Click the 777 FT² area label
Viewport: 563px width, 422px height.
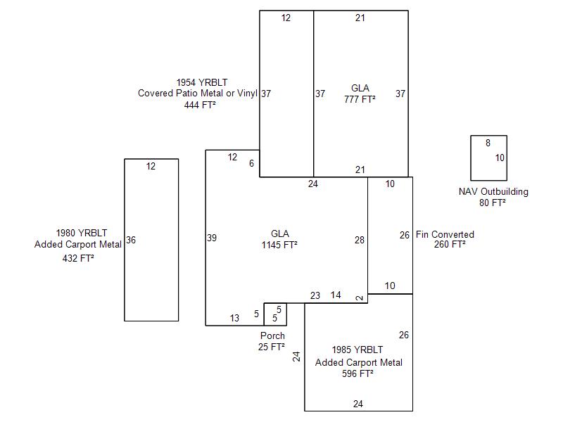pyautogui.click(x=360, y=99)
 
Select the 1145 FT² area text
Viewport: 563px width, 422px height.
pyautogui.click(x=279, y=245)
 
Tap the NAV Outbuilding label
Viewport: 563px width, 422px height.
pyautogui.click(x=493, y=191)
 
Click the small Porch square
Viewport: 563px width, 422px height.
pyautogui.click(x=275, y=314)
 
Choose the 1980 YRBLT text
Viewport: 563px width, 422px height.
pyautogui.click(x=82, y=233)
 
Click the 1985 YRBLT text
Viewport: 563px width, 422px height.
pyautogui.click(x=358, y=350)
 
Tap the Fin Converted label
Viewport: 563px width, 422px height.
pyautogui.click(x=445, y=234)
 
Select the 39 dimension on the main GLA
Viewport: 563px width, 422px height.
pyautogui.click(x=212, y=238)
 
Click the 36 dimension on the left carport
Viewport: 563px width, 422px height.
pyautogui.click(x=131, y=240)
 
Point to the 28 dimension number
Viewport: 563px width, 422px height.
pyautogui.click(x=360, y=240)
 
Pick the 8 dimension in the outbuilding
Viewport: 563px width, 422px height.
pyautogui.click(x=488, y=143)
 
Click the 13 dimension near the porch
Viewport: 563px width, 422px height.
pyautogui.click(x=234, y=318)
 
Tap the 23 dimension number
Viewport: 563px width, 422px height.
pyautogui.click(x=315, y=295)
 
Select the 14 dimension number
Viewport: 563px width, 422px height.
pyautogui.click(x=336, y=295)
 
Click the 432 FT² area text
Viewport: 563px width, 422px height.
pyautogui.click(x=78, y=258)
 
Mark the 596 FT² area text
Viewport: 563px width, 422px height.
pyautogui.click(x=358, y=373)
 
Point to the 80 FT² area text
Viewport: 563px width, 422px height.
pyautogui.click(x=493, y=203)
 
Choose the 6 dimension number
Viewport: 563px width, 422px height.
pyautogui.click(x=251, y=163)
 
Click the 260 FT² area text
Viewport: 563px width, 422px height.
pyautogui.click(x=450, y=245)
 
